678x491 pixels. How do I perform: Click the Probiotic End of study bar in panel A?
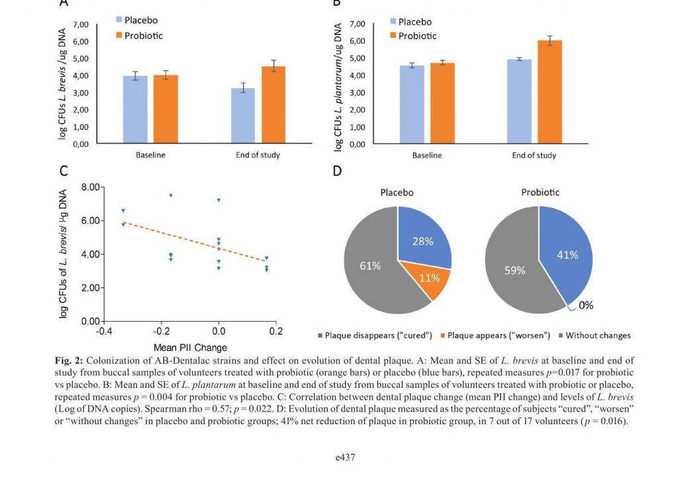[273, 105]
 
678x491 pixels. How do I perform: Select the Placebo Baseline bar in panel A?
[135, 109]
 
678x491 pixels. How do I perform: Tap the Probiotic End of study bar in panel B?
[550, 91]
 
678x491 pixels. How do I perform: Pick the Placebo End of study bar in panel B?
[519, 101]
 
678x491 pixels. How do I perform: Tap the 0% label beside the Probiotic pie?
[586, 305]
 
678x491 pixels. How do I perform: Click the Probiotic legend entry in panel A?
[139, 36]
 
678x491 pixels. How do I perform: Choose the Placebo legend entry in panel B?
[411, 22]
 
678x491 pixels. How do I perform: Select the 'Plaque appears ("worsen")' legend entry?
[495, 335]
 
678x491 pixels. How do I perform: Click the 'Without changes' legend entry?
[595, 335]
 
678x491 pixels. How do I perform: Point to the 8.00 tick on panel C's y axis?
[91, 187]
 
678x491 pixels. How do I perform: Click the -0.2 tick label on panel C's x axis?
[162, 331]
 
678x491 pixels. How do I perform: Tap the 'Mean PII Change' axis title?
[190, 347]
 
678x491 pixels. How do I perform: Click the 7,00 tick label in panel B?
[357, 24]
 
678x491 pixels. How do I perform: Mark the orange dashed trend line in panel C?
[195, 242]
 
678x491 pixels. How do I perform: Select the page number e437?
[345, 457]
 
